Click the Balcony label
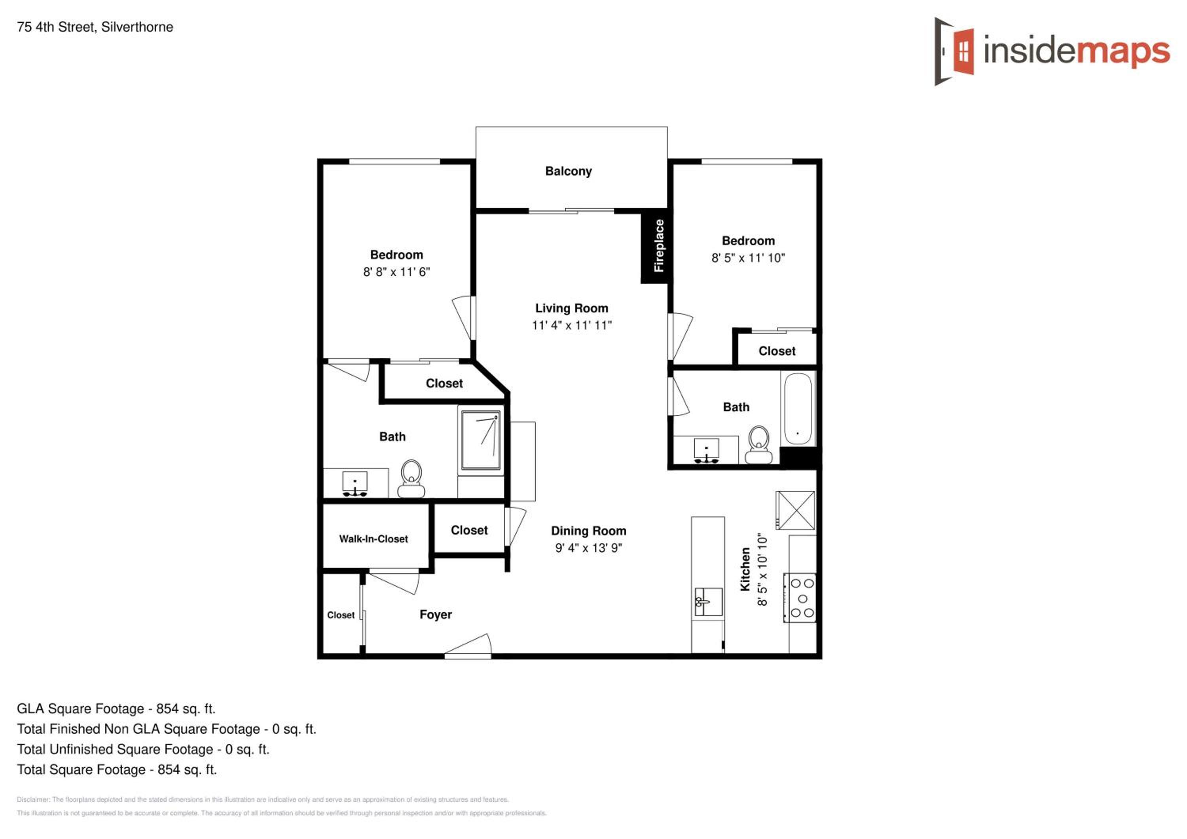568,171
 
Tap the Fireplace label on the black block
659,246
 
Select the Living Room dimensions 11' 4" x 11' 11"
572,325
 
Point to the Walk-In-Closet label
373,539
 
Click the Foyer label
436,615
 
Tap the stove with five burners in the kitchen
799,598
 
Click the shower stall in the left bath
481,440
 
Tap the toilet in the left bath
411,479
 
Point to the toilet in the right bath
758,444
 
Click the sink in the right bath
706,450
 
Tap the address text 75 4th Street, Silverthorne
95,27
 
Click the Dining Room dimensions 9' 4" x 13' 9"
589,548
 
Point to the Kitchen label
745,569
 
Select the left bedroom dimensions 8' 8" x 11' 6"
396,272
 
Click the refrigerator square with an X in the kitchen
796,510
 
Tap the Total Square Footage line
117,770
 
